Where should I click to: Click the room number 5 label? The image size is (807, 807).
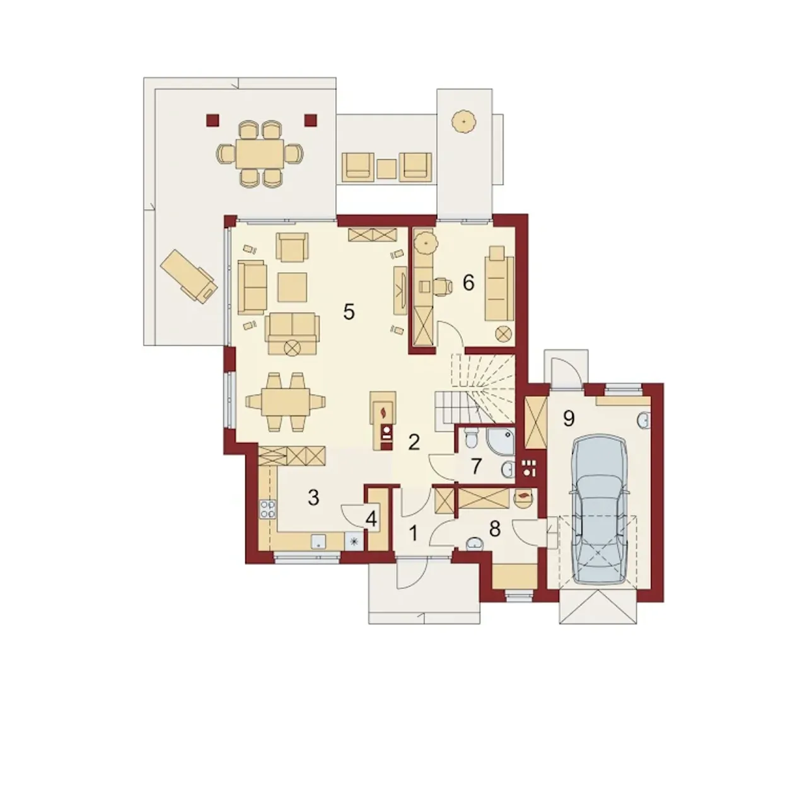point(349,311)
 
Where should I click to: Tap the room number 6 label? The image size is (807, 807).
point(468,282)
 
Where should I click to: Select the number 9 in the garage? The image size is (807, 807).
point(568,419)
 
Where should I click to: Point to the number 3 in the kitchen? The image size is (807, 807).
point(313,497)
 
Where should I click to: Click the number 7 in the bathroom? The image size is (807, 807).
point(475,467)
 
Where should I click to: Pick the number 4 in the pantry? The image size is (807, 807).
point(371,520)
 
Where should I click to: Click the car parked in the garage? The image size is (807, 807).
point(600,509)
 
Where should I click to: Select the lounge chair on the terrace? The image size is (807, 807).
point(189,276)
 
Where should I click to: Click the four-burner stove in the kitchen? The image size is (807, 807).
point(267,509)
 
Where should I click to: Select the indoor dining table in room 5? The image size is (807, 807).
point(286,402)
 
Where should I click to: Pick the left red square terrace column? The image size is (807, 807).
point(212,120)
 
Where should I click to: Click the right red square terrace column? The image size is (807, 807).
point(310,120)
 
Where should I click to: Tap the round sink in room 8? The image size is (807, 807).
point(475,543)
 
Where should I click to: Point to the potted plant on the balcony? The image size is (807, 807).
point(464,122)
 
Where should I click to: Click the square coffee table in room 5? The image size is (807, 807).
point(292,287)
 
